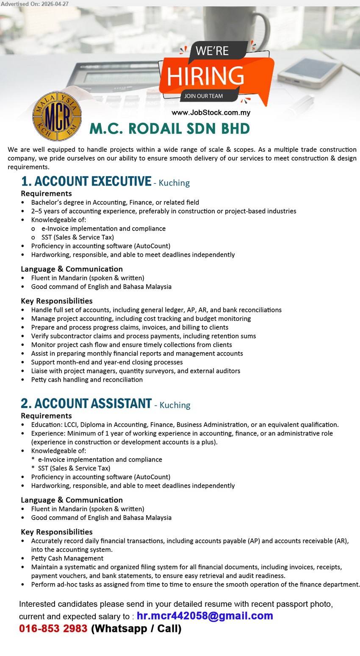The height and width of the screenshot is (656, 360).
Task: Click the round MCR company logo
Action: pyautogui.click(x=57, y=117)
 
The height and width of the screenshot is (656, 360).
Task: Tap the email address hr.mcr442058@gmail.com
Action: pyautogui.click(x=205, y=616)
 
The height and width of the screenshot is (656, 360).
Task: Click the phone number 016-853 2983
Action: pyautogui.click(x=53, y=628)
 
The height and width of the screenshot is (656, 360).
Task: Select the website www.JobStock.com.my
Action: pyautogui.click(x=210, y=113)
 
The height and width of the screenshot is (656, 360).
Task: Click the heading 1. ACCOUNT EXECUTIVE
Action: pyautogui.click(x=86, y=181)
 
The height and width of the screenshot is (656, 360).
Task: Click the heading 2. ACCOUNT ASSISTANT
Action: pyautogui.click(x=86, y=403)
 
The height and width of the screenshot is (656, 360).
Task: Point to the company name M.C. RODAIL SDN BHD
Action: pyautogui.click(x=169, y=129)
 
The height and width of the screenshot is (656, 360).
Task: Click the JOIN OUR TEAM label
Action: pyautogui.click(x=203, y=96)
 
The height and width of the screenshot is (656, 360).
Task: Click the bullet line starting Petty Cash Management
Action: pyautogui.click(x=67, y=558)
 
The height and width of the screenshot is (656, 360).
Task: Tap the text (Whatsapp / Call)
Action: pyautogui.click(x=136, y=628)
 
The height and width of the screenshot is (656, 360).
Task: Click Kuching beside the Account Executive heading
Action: pyautogui.click(x=174, y=183)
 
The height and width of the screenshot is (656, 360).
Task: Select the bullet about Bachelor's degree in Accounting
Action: pyautogui.click(x=115, y=203)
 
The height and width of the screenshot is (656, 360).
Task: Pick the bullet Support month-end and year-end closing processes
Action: pyautogui.click(x=107, y=362)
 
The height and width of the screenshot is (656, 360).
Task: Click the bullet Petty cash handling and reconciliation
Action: pyautogui.click(x=87, y=380)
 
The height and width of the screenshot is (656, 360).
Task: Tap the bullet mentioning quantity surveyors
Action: pyautogui.click(x=136, y=371)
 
